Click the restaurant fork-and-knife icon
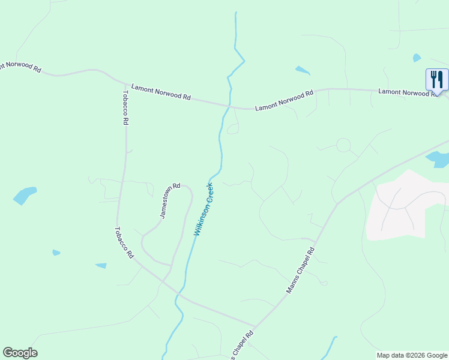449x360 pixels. point(437,79)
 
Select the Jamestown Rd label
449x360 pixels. point(170,200)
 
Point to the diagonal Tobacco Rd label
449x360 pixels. point(124,242)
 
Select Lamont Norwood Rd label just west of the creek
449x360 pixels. point(160,92)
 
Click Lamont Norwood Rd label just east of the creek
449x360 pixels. point(284,100)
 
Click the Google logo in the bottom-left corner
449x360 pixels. point(20,353)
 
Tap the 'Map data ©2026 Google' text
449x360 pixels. point(411,355)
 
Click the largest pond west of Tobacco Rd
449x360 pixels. point(24,195)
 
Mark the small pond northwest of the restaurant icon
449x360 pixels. point(417,58)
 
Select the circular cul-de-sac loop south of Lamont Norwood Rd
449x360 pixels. point(343,145)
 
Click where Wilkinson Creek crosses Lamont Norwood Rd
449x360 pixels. point(229,106)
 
